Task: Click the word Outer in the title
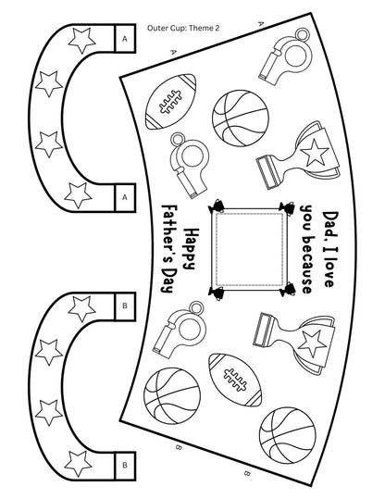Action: (155, 28)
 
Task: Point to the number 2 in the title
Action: (217, 28)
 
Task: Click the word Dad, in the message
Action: (330, 223)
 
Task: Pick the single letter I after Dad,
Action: (330, 244)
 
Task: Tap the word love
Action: (330, 270)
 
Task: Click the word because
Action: (307, 263)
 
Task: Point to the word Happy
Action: (191, 248)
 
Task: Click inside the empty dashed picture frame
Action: (249, 250)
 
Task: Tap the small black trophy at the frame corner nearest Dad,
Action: (287, 207)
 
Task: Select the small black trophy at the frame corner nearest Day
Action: (216, 293)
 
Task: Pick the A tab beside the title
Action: (125, 39)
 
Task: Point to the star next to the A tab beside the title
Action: (81, 40)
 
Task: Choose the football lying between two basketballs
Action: (235, 380)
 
